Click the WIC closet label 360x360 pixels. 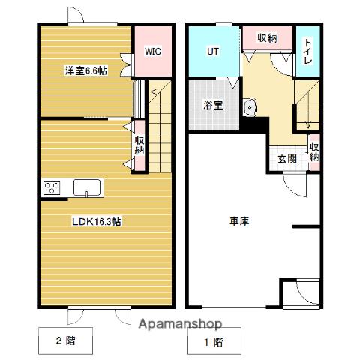[x=153, y=52]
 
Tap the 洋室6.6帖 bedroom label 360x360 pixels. [x=86, y=70]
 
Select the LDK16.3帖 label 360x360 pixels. [x=97, y=221]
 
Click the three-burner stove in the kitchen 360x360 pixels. [x=52, y=188]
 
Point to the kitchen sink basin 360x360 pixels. [x=87, y=187]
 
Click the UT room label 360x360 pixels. [x=213, y=52]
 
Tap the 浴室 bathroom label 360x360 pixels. [x=213, y=105]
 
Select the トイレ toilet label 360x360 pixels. [x=307, y=51]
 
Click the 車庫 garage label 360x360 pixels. [x=239, y=221]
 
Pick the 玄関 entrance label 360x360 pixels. [x=287, y=159]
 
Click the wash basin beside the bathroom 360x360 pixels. [x=250, y=107]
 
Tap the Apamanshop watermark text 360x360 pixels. [x=180, y=324]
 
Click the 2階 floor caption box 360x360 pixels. [x=65, y=340]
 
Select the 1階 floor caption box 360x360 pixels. [x=214, y=341]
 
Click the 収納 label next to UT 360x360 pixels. [x=267, y=38]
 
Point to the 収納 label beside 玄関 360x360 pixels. [x=314, y=152]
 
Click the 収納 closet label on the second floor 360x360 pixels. [x=139, y=145]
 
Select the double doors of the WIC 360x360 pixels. [x=126, y=64]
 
